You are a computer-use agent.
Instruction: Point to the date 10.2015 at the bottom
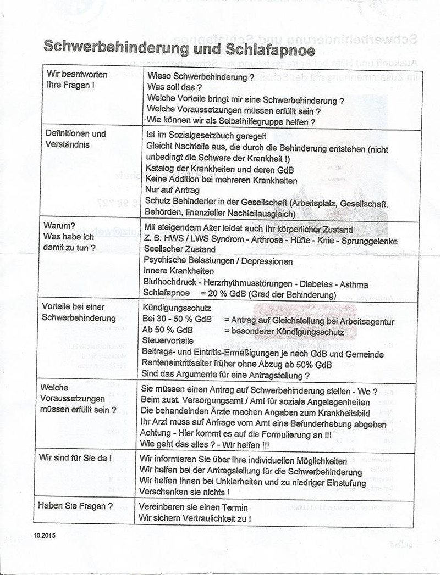45,533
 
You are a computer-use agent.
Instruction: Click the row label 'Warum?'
58,227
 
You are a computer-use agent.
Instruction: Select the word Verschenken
166,493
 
